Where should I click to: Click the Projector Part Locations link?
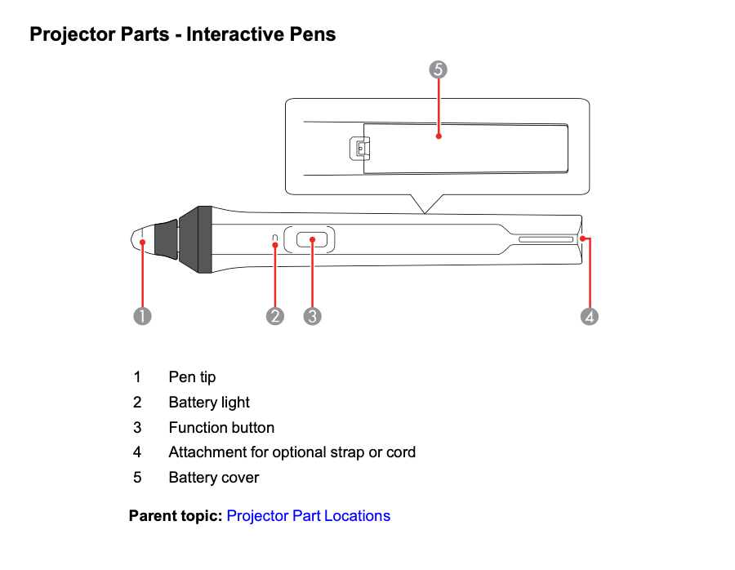308,516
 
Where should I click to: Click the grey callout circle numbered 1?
143,315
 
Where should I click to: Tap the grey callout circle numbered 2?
275,315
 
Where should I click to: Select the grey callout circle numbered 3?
312,315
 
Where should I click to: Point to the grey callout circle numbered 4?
590,315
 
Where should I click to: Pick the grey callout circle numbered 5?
439,69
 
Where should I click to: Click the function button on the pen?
312,240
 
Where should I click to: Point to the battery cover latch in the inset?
359,149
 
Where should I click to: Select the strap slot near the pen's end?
546,240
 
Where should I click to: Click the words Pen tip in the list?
192,377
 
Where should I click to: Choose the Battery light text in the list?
209,403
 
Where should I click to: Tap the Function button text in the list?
221,428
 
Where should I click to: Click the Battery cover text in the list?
214,478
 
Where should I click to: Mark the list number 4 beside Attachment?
137,452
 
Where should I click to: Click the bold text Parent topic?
175,516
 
